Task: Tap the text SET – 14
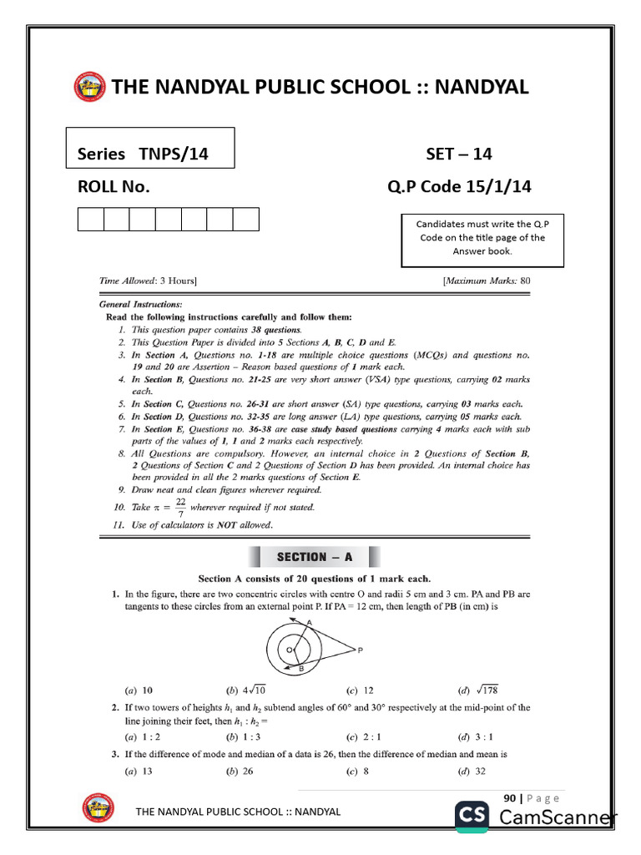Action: pos(459,154)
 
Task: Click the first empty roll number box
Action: pos(90,220)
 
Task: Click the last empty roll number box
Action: pos(245,220)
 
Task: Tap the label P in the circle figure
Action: pos(359,650)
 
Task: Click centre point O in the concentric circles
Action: pos(289,649)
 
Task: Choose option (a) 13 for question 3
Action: pos(139,772)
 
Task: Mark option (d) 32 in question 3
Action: pos(474,772)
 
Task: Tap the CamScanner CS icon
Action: pos(473,817)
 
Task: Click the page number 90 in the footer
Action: pos(508,798)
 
